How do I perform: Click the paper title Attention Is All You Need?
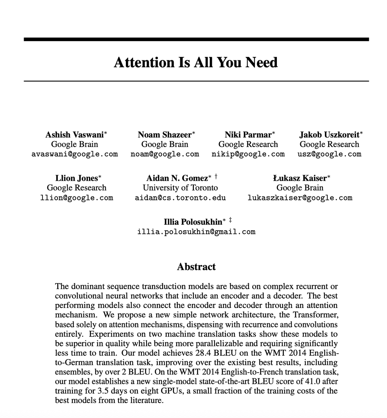196,63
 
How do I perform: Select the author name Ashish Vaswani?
75,135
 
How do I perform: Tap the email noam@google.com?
165,154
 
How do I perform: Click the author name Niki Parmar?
248,135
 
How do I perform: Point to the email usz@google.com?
329,154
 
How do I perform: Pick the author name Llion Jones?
77,178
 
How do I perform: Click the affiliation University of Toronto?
180,188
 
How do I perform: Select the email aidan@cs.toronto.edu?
180,198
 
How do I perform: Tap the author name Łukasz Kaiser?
300,178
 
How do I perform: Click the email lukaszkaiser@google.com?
300,198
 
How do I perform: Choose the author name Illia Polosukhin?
193,222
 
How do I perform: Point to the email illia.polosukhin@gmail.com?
196,232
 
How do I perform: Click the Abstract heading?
196,267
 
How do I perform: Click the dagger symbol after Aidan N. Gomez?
216,177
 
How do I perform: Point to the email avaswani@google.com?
75,154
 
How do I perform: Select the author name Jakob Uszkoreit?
329,135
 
